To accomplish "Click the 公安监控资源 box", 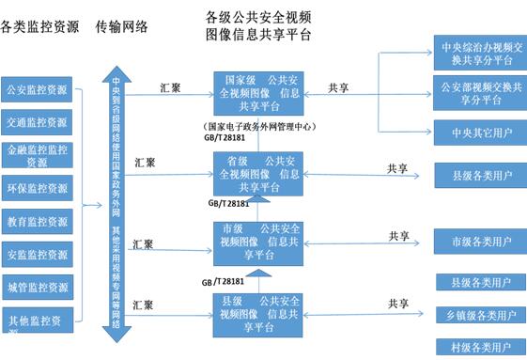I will click(x=37, y=90).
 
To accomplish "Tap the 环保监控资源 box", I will click(x=37, y=188).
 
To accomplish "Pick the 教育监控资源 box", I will click(x=37, y=222).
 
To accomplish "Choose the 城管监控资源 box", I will click(x=37, y=286).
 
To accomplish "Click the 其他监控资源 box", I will click(x=37, y=319).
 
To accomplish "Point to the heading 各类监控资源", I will click(x=39, y=26).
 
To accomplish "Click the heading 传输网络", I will click(x=122, y=26).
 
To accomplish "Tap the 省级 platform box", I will click(x=257, y=173).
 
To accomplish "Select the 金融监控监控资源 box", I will click(x=37, y=153).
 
